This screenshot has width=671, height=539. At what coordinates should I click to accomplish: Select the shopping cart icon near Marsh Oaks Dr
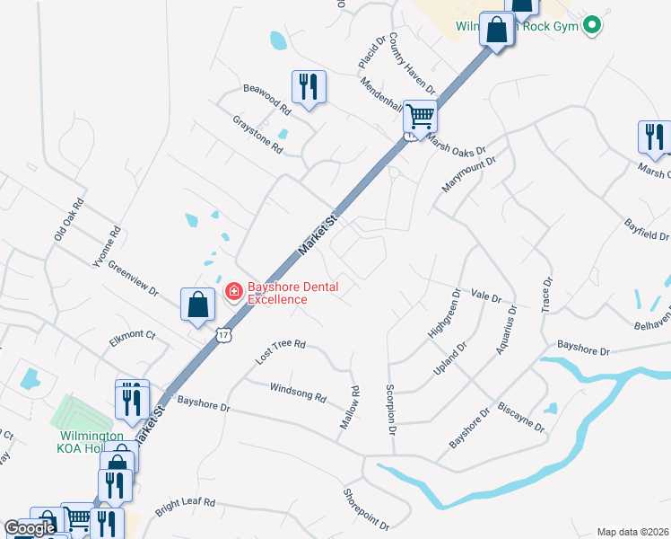tap(419, 116)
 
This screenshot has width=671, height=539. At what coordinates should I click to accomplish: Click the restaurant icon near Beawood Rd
tap(308, 87)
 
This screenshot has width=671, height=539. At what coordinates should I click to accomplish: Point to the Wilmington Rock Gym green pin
tap(590, 24)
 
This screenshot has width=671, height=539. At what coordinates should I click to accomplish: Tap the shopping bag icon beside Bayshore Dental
tap(197, 305)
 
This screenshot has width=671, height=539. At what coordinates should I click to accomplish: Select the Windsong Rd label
tap(299, 392)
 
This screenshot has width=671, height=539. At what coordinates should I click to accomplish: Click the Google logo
tap(30, 528)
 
